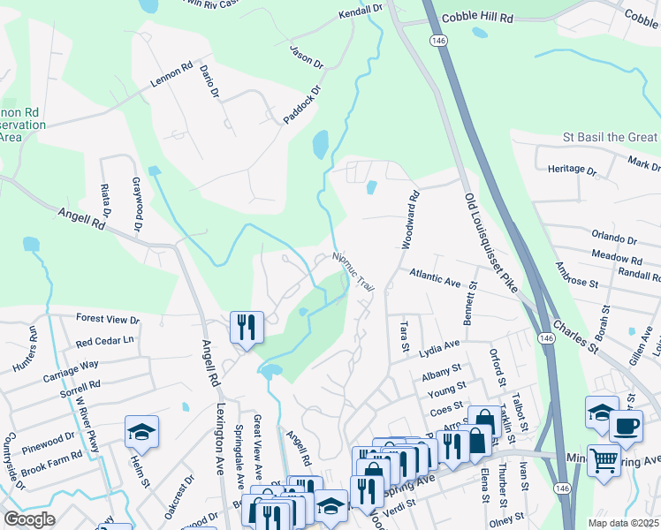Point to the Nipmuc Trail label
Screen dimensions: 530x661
353,270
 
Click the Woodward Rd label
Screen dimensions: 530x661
413,221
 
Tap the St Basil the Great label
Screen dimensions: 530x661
611,137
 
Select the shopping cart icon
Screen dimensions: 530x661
604,459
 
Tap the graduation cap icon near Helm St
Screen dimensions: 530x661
141,432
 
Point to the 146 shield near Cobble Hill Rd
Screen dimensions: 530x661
437,41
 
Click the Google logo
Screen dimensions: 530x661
29,519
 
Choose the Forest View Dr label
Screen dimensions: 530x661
108,320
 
